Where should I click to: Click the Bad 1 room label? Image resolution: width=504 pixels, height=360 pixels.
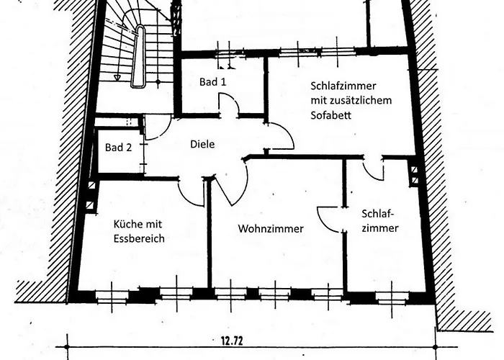[x=212, y=82]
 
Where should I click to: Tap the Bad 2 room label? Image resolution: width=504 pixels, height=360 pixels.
[x=118, y=148]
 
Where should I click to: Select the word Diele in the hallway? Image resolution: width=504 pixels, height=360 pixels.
[x=202, y=144]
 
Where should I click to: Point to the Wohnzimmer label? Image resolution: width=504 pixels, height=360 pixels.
[x=270, y=229]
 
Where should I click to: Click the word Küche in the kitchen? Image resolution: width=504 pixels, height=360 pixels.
[x=127, y=224]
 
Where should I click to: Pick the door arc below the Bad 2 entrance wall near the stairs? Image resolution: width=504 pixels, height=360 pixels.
[x=155, y=128]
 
